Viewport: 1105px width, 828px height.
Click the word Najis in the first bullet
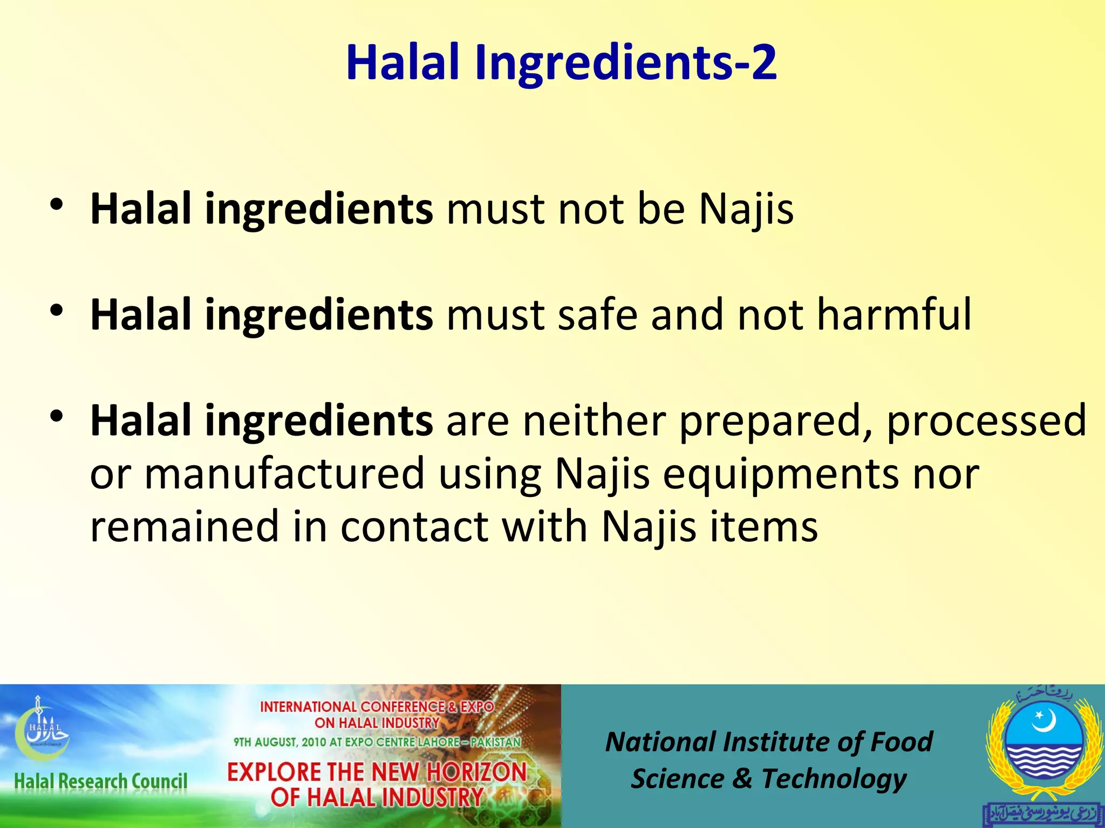[x=746, y=209]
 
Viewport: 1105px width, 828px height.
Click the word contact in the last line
[x=414, y=526]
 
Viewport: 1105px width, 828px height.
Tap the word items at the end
[x=763, y=526]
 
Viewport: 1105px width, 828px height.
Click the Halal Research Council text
[x=101, y=781]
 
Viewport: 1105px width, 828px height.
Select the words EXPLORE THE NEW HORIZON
[x=377, y=772]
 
